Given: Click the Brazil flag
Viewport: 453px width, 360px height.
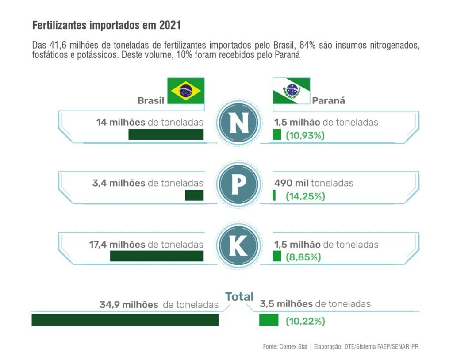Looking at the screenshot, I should pyautogui.click(x=185, y=91).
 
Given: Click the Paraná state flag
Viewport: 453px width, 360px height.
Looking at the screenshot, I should pyautogui.click(x=291, y=91).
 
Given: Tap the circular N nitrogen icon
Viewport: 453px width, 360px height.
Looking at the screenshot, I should pyautogui.click(x=239, y=124).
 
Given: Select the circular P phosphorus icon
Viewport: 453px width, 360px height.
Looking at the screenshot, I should pyautogui.click(x=238, y=184).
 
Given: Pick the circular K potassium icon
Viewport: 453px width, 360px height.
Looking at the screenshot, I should pyautogui.click(x=238, y=246).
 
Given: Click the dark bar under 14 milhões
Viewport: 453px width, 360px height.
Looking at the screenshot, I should pyautogui.click(x=166, y=135).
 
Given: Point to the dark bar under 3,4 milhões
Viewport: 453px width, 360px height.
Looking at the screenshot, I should pyautogui.click(x=194, y=195).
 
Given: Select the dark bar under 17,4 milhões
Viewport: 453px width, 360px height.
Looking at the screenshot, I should pyautogui.click(x=157, y=256).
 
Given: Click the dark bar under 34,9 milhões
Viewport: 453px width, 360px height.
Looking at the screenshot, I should pyautogui.click(x=125, y=320).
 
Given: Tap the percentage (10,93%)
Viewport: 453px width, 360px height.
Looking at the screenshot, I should pyautogui.click(x=305, y=136).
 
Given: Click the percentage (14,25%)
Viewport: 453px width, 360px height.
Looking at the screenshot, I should pyautogui.click(x=305, y=196).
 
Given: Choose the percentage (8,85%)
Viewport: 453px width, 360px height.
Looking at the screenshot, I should pyautogui.click(x=303, y=257).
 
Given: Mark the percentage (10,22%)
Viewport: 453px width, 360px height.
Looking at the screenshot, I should pyautogui.click(x=305, y=322).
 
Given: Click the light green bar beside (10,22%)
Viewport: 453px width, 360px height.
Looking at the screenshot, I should pyautogui.click(x=269, y=320).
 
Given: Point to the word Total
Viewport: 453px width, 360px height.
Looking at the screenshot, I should pyautogui.click(x=239, y=297).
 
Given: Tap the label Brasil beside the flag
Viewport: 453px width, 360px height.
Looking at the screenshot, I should pyautogui.click(x=151, y=101).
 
